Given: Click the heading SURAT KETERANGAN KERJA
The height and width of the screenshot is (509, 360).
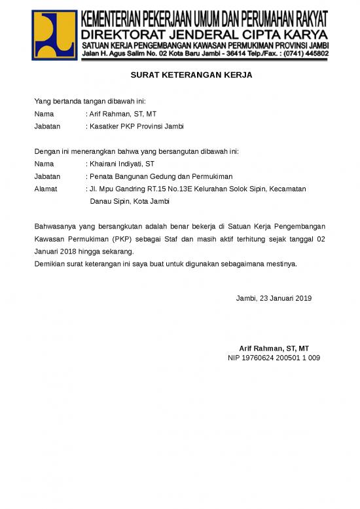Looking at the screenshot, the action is pyautogui.click(x=191, y=75).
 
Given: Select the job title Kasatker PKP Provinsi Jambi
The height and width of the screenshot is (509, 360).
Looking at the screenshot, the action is pyautogui.click(x=137, y=126).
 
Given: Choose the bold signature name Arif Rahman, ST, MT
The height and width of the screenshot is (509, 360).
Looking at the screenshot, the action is pyautogui.click(x=274, y=348).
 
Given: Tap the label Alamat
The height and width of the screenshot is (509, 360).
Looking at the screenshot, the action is pyautogui.click(x=46, y=189).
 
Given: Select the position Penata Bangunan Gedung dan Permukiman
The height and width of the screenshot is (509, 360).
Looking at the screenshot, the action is pyautogui.click(x=161, y=176).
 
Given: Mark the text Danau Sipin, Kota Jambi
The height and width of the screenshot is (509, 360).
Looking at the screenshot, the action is pyautogui.click(x=130, y=201).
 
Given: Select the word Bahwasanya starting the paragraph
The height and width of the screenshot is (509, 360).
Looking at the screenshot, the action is pyautogui.click(x=56, y=227).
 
